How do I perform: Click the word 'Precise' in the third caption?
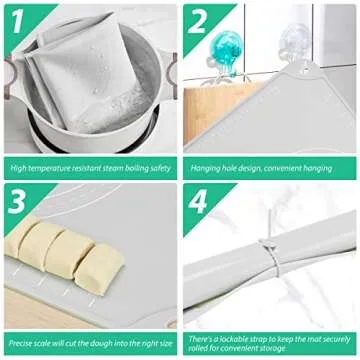[x=21, y=342]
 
